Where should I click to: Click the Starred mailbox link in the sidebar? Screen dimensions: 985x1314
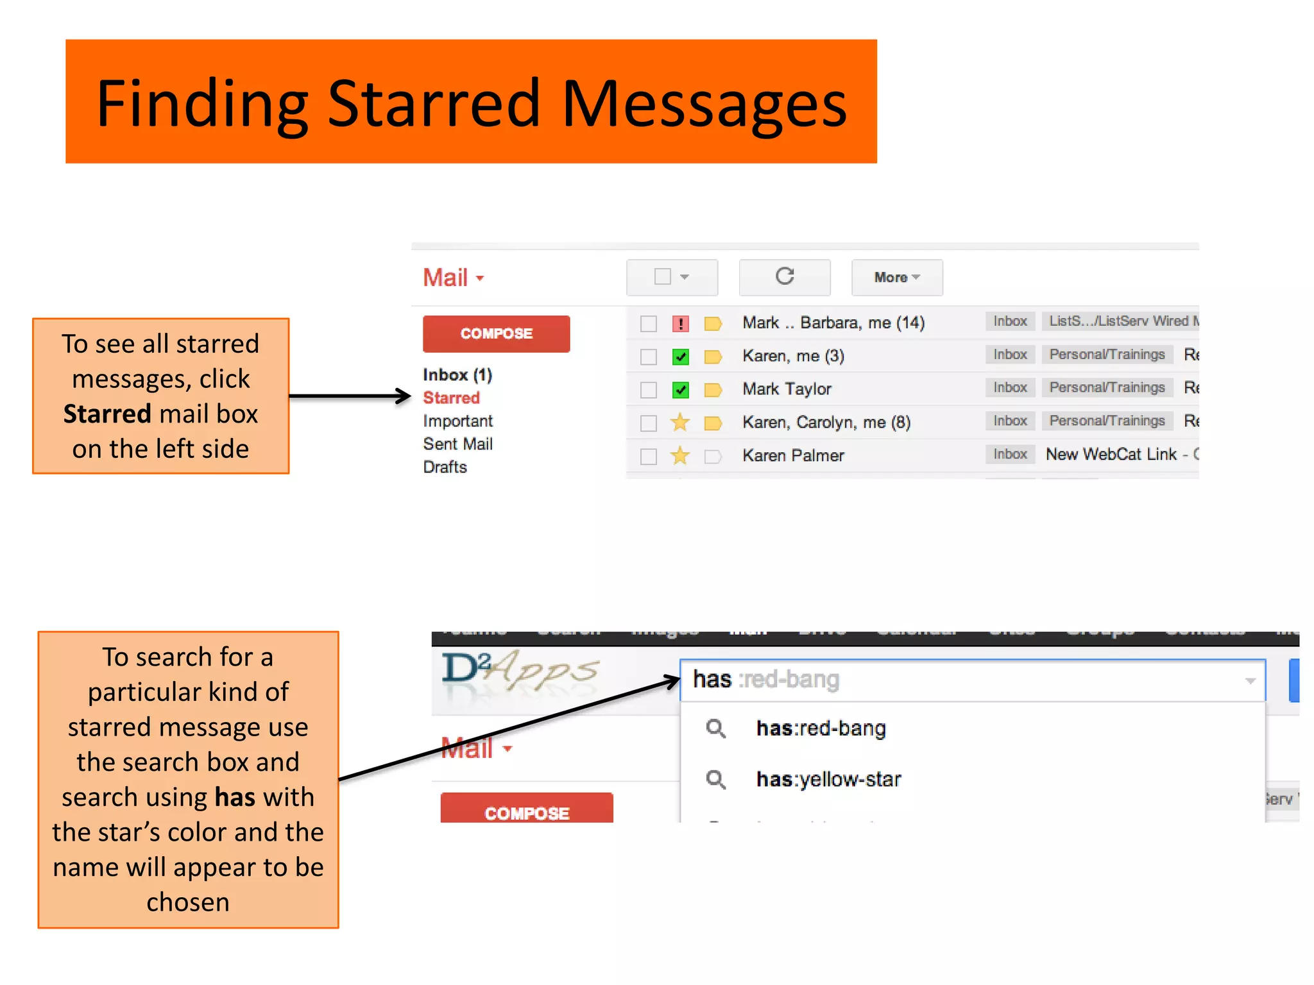pyautogui.click(x=451, y=398)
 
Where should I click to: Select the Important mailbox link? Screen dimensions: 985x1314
pyautogui.click(x=457, y=421)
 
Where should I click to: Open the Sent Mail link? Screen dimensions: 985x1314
pyautogui.click(x=457, y=444)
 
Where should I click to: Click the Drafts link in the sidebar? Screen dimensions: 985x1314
pyautogui.click(x=445, y=467)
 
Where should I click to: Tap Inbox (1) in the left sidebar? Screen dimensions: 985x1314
pyautogui.click(x=457, y=375)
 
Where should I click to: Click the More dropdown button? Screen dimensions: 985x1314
pyautogui.click(x=896, y=277)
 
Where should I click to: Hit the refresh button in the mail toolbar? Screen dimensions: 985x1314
pyautogui.click(x=784, y=277)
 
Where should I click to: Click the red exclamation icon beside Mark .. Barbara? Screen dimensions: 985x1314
pyautogui.click(x=680, y=323)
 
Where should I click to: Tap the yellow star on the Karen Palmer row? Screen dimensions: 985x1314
pyautogui.click(x=680, y=456)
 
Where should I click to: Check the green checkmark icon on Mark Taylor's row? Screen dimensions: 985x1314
pyautogui.click(x=680, y=389)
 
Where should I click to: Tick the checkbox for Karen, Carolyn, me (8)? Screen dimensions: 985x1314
pyautogui.click(x=649, y=423)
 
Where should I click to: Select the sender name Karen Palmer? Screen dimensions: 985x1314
pyautogui.click(x=793, y=455)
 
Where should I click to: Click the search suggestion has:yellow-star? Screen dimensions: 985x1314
pyautogui.click(x=828, y=779)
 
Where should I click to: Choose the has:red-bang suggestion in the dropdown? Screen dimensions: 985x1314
pyautogui.click(x=821, y=728)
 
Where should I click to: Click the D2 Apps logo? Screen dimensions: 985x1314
pyautogui.click(x=520, y=671)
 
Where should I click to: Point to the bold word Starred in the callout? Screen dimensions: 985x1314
pyautogui.click(x=107, y=414)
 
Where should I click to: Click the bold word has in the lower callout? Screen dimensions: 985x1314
pyautogui.click(x=235, y=797)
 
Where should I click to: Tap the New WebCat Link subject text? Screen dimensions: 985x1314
pyautogui.click(x=1111, y=455)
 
